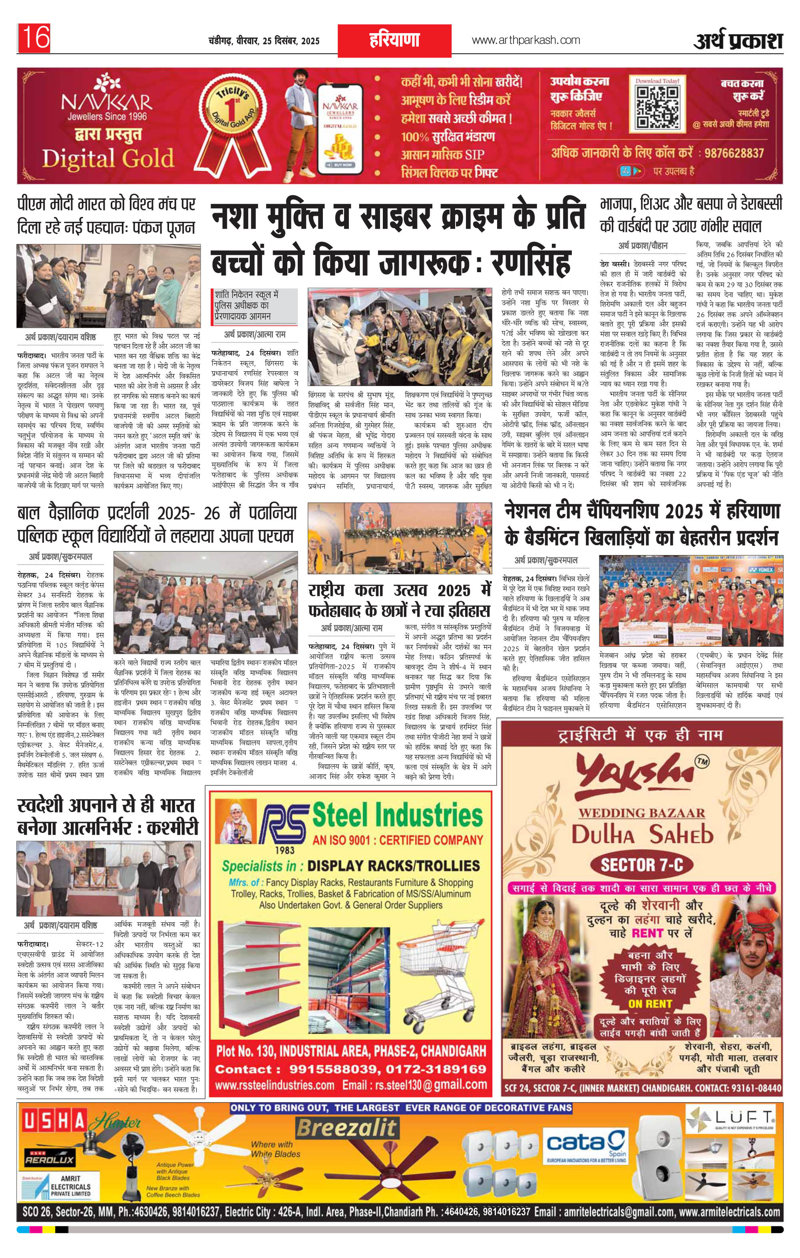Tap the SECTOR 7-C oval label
642,865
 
